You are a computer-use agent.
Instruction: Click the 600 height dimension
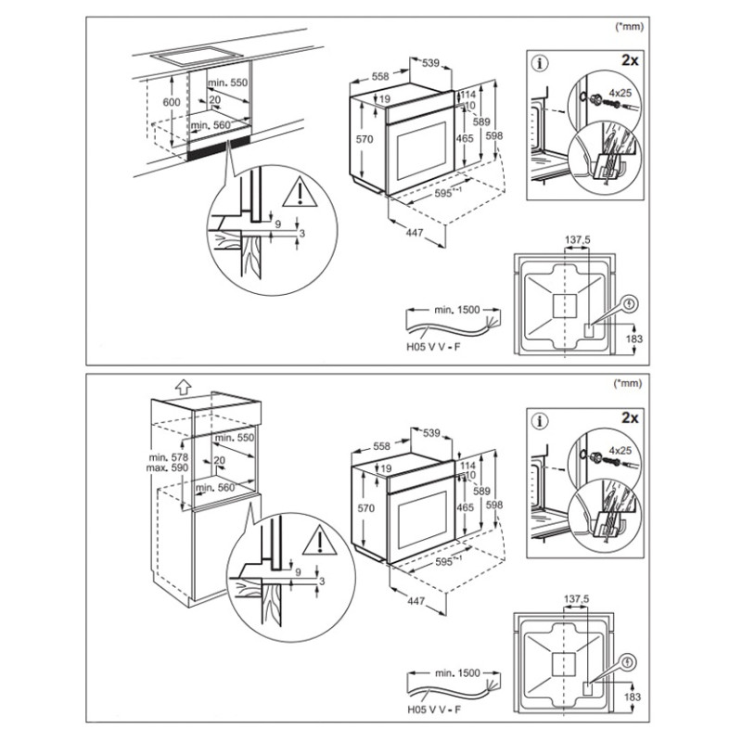tap(172, 102)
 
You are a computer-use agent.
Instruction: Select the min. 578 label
tap(169, 457)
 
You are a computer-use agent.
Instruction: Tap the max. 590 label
tap(167, 468)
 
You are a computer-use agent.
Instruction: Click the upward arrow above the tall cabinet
tap(183, 387)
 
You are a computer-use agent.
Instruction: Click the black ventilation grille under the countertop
tap(219, 149)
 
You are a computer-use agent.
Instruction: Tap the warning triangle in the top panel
tap(300, 192)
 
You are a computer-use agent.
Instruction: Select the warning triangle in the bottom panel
tap(320, 540)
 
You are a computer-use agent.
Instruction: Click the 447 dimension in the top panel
tap(414, 234)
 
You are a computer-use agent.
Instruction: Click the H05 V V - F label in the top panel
tap(433, 347)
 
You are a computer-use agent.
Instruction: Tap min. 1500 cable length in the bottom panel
tap(457, 673)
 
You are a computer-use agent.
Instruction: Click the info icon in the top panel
tap(541, 63)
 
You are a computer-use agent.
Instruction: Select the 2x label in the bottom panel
tap(630, 418)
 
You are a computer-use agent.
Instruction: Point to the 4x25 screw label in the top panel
tap(620, 93)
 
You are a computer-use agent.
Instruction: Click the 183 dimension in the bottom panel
tap(633, 697)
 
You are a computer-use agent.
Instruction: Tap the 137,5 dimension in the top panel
tap(578, 240)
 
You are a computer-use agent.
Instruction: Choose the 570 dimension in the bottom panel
tap(365, 508)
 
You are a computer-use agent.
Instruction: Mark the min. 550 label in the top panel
tap(227, 83)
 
